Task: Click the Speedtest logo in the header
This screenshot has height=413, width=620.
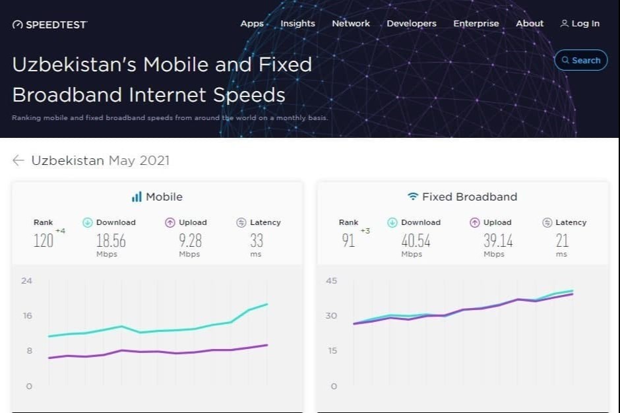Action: (49, 24)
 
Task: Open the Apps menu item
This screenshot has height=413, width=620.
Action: (252, 24)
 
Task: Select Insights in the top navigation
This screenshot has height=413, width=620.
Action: (297, 24)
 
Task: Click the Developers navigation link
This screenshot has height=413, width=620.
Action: (411, 24)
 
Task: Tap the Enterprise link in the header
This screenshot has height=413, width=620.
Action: (476, 24)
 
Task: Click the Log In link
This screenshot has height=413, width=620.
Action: (580, 24)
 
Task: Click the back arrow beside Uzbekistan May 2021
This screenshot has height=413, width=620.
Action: (18, 160)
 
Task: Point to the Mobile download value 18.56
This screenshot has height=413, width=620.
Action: (111, 241)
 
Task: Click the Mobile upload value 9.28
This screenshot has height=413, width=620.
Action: (190, 241)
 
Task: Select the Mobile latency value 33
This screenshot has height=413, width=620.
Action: (256, 241)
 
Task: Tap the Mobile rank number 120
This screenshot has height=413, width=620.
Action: (44, 241)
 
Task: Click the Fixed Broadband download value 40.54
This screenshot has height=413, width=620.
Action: (416, 241)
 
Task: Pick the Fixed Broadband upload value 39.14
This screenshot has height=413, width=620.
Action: (499, 241)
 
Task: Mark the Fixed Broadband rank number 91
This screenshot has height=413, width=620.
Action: (348, 241)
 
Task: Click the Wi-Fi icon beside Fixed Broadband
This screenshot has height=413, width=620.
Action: (413, 197)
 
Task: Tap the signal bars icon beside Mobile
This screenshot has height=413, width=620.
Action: (137, 197)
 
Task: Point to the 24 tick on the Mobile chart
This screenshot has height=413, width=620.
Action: (26, 281)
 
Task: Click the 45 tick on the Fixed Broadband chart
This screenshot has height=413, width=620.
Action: (331, 281)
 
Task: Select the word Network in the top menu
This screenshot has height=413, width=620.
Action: (351, 24)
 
